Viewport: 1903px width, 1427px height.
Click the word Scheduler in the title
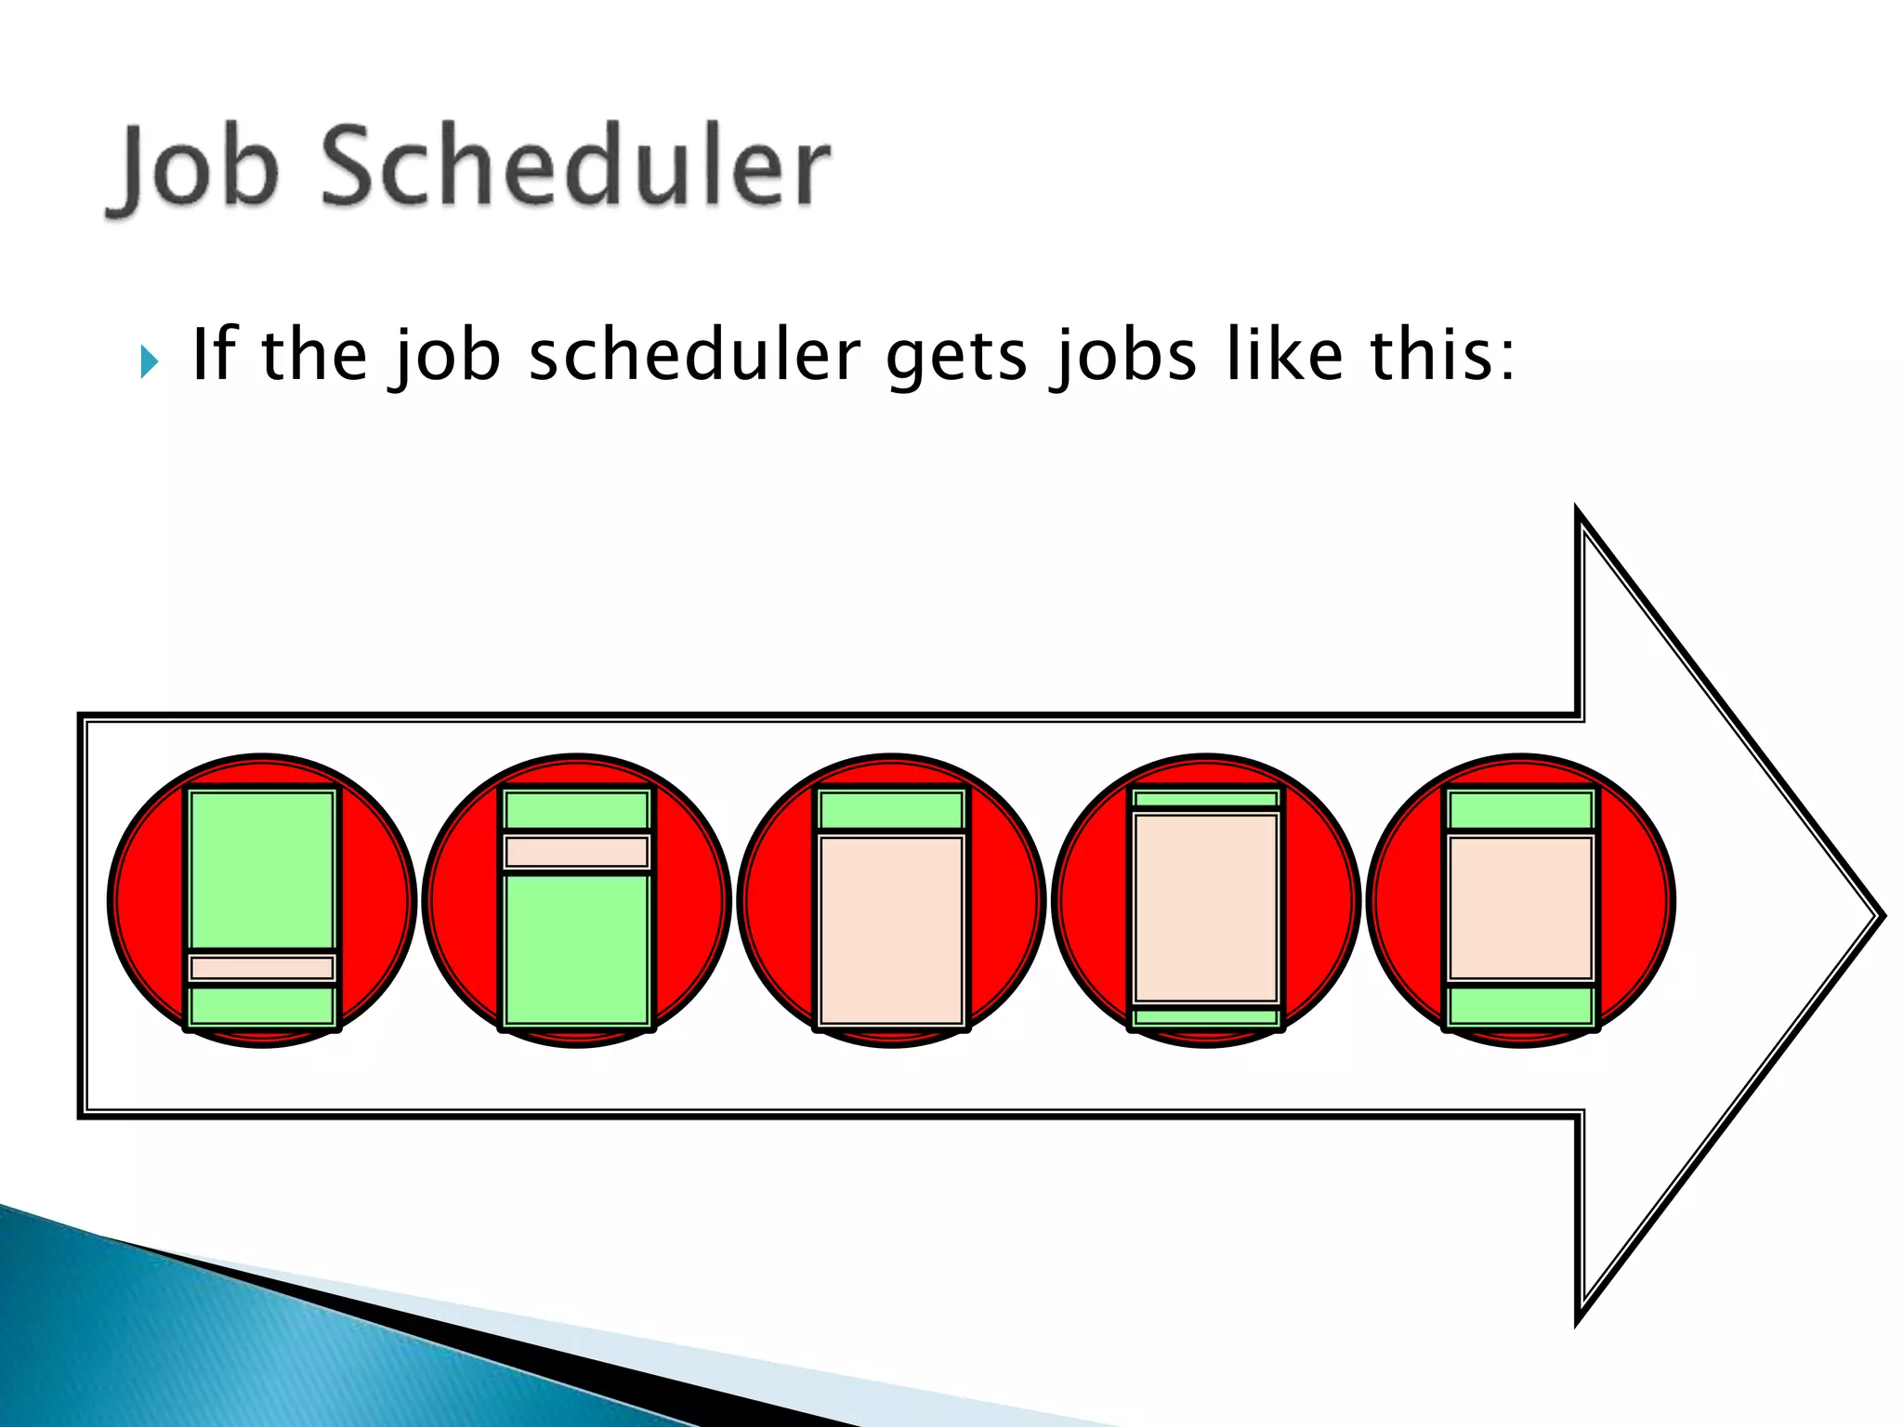tap(576, 167)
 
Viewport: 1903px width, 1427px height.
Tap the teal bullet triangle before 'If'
tap(149, 361)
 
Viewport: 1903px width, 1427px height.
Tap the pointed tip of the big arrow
tap(1879, 916)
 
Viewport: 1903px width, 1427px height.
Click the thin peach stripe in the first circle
tap(262, 968)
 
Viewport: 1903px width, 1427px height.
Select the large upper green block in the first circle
tap(262, 870)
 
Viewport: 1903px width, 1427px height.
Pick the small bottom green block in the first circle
tap(262, 1006)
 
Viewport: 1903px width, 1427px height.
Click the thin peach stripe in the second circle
tap(576, 852)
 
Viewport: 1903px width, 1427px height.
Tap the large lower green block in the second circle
tap(576, 949)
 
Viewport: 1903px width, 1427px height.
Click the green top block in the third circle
tap(891, 810)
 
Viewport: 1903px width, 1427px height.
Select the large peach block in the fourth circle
tap(1206, 908)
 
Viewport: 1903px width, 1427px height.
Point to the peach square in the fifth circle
tap(1521, 908)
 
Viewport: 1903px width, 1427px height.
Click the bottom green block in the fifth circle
tap(1521, 1006)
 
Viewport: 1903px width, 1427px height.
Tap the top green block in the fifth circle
tap(1521, 810)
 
